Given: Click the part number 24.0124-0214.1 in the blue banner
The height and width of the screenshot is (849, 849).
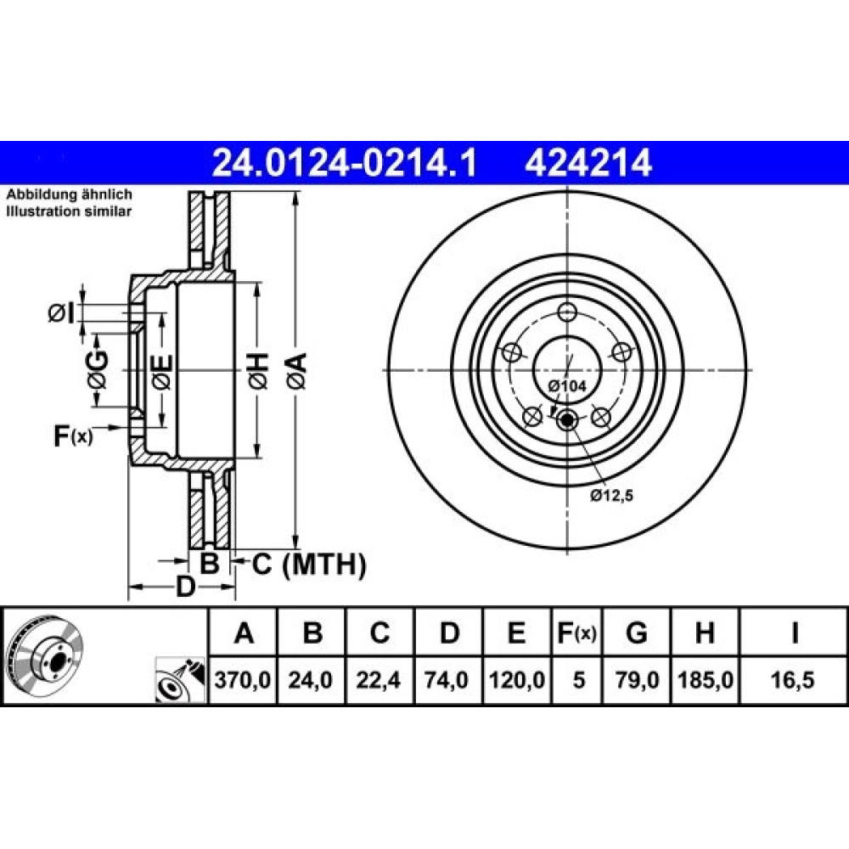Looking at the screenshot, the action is coord(345,162).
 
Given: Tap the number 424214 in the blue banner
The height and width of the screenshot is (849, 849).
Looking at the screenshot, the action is coord(588,162).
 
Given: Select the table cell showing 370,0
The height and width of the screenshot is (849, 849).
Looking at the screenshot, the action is coord(243,679).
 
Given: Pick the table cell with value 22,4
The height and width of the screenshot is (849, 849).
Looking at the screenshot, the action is coord(379,679).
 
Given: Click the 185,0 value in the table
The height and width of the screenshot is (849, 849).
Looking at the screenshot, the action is coord(705,679).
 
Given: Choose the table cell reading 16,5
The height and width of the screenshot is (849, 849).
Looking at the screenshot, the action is coord(793,679).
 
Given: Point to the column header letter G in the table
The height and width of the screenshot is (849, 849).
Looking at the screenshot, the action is coord(636,632).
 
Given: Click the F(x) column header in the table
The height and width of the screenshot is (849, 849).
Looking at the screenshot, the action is coord(577,633).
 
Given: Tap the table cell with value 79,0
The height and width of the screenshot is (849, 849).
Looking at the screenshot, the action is coord(637,679).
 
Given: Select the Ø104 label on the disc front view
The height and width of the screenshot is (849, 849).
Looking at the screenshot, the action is coord(567,386).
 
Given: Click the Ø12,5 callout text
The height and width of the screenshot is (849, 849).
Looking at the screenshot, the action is coord(612,495).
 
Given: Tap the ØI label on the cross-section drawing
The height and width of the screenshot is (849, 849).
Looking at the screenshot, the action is coord(61,313).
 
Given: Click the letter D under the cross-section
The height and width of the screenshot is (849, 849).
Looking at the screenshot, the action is coord(185,587).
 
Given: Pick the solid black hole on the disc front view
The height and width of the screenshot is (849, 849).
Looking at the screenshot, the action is coord(567,419).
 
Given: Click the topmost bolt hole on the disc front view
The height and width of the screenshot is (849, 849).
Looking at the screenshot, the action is coord(567,312).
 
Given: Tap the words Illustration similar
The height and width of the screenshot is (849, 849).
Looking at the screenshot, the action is coord(69,211).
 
